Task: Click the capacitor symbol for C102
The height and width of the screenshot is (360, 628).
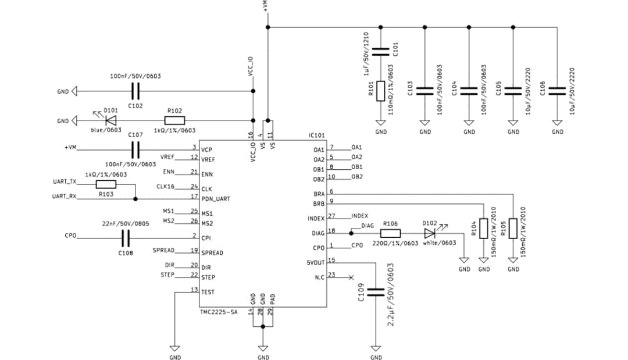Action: click(135, 91)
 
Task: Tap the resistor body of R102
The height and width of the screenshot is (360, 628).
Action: click(174, 121)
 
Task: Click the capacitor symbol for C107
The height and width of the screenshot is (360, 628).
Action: click(135, 151)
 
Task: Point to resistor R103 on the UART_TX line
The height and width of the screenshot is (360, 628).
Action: click(106, 184)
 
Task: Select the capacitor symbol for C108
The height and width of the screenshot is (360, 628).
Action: click(126, 237)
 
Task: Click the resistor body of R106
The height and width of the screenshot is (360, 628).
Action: click(390, 233)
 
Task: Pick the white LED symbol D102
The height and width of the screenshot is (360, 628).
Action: click(430, 233)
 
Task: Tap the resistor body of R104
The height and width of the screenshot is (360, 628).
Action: click(484, 228)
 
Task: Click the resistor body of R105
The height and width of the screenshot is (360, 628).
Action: click(513, 228)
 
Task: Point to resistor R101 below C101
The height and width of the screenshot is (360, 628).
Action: click(380, 91)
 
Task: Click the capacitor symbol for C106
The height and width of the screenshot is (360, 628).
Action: click(557, 90)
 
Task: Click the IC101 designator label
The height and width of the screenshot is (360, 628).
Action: click(316, 136)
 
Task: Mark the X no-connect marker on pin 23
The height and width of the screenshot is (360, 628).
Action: click(350, 277)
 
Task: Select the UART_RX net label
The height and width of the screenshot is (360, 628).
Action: click(65, 197)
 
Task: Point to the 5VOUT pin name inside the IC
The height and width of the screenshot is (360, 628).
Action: click(316, 262)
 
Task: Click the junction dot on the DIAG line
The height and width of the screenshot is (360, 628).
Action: click(351, 233)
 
